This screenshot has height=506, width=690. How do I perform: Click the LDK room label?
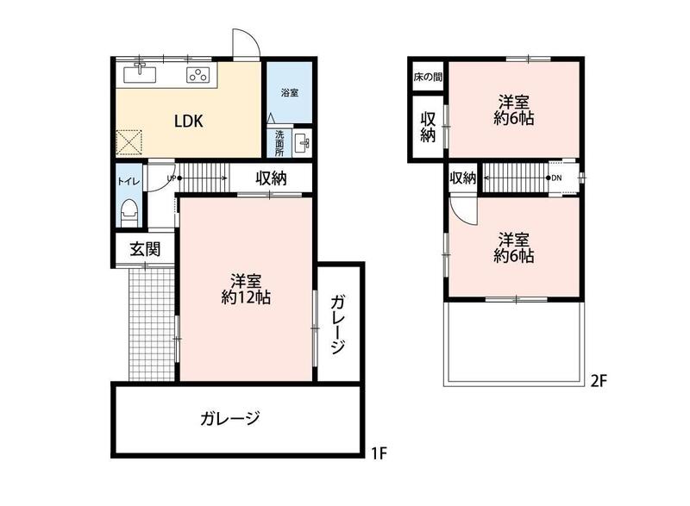tap(188, 121)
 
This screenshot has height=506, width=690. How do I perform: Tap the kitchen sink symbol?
tap(140, 73)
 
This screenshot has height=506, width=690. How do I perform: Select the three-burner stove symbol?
tap(198, 75)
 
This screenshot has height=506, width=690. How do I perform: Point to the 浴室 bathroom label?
tap(290, 93)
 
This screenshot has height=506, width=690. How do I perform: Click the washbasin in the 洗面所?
tap(302, 143)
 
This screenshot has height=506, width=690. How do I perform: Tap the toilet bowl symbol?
tap(129, 213)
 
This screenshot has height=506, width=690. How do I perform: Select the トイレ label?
tap(129, 181)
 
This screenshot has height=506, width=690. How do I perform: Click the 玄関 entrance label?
tap(145, 249)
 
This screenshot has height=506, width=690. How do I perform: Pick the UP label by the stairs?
tap(171, 178)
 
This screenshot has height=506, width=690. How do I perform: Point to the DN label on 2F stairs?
tap(556, 178)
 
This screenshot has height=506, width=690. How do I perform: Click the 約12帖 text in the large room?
tap(246, 298)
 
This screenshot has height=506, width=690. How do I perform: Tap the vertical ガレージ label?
tap(337, 325)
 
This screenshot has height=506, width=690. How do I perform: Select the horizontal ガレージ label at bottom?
tap(229, 418)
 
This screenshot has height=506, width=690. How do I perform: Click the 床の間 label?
tap(427, 78)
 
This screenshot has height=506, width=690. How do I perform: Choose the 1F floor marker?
tap(378, 453)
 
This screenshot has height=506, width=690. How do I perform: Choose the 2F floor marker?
tap(598, 380)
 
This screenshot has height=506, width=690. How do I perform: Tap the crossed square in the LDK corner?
tap(129, 143)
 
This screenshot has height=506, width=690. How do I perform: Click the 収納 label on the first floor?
tap(271, 178)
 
